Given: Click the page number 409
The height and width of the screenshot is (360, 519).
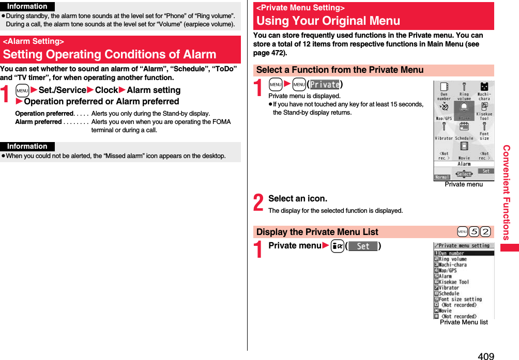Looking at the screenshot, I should click(x=485, y=355).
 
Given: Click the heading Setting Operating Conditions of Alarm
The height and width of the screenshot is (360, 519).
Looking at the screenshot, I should click(x=110, y=54).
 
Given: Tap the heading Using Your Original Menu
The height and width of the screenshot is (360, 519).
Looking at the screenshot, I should click(x=328, y=21).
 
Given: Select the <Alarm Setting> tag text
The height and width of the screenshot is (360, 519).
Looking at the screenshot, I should click(x=34, y=41).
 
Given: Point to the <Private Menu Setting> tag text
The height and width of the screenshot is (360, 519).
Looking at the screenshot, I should click(x=300, y=8).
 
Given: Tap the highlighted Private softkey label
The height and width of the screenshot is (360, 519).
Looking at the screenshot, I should click(x=324, y=85).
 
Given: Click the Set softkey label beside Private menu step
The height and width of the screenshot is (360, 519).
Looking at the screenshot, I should click(x=363, y=246).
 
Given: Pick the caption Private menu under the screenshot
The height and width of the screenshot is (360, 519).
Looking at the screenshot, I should click(x=464, y=184).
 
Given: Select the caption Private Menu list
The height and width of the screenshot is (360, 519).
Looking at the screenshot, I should click(x=464, y=322).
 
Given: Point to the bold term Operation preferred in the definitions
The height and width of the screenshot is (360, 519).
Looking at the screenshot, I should click(x=44, y=114).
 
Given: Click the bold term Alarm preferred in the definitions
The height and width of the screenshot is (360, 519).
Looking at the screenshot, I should click(x=38, y=122).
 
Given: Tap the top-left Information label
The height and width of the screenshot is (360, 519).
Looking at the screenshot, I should click(x=27, y=6).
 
